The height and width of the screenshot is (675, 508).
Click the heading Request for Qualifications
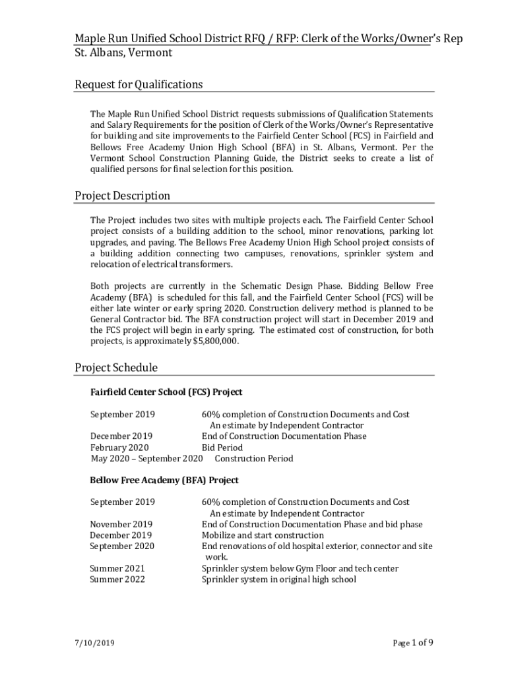pos(139,84)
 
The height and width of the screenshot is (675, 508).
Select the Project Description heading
pos(122,196)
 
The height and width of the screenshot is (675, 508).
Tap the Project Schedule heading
pos(116,368)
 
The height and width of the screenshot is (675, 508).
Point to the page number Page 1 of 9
pos(413,643)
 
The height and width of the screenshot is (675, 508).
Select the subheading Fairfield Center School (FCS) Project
pos(166,392)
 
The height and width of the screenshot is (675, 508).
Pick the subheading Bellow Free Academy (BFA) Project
pos(164,480)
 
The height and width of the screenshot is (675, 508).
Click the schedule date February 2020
pos(119,448)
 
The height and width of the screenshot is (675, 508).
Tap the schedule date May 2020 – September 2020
pos(146,458)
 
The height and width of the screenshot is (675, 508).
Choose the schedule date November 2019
pos(121,525)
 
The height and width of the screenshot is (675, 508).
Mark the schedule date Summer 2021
pos(117,568)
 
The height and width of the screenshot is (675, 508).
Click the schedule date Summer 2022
pos(117,579)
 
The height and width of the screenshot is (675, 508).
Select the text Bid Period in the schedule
pos(222,448)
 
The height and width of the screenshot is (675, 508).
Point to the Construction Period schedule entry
pos(254,458)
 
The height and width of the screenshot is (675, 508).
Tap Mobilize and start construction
pos(263,535)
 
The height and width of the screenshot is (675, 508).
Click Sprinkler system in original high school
pos(278,579)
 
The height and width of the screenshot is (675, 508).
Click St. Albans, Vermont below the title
pos(123,52)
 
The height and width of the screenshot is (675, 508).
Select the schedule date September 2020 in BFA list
pos(122,546)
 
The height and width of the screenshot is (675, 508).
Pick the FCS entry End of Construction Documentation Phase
pos(284,436)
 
